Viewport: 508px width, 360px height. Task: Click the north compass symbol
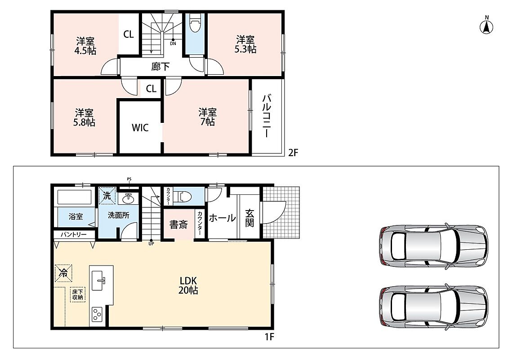(x=486, y=27)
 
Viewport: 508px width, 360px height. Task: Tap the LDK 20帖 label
(x=188, y=285)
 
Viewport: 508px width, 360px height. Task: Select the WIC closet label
(x=140, y=127)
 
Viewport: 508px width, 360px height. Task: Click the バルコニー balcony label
(x=267, y=116)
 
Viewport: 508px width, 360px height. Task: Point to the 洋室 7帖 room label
(x=207, y=117)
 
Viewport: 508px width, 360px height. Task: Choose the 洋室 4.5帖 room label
(x=85, y=46)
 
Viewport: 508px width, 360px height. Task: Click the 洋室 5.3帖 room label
(x=245, y=45)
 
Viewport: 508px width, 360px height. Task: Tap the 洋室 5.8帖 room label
(x=85, y=117)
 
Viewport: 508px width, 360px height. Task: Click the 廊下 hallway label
(x=160, y=67)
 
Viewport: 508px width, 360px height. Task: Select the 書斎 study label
(x=178, y=225)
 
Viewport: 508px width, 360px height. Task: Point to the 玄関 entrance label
(x=250, y=218)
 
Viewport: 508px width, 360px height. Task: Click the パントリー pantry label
(x=74, y=234)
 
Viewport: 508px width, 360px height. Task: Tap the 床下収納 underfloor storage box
(x=78, y=294)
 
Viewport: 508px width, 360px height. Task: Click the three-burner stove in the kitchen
(x=97, y=314)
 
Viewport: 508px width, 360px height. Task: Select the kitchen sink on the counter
(x=98, y=280)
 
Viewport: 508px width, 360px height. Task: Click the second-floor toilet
(x=196, y=22)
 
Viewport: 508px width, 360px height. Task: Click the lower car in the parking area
(x=433, y=306)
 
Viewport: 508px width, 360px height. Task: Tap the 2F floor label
(x=293, y=153)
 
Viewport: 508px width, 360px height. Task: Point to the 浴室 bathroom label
(x=76, y=216)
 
